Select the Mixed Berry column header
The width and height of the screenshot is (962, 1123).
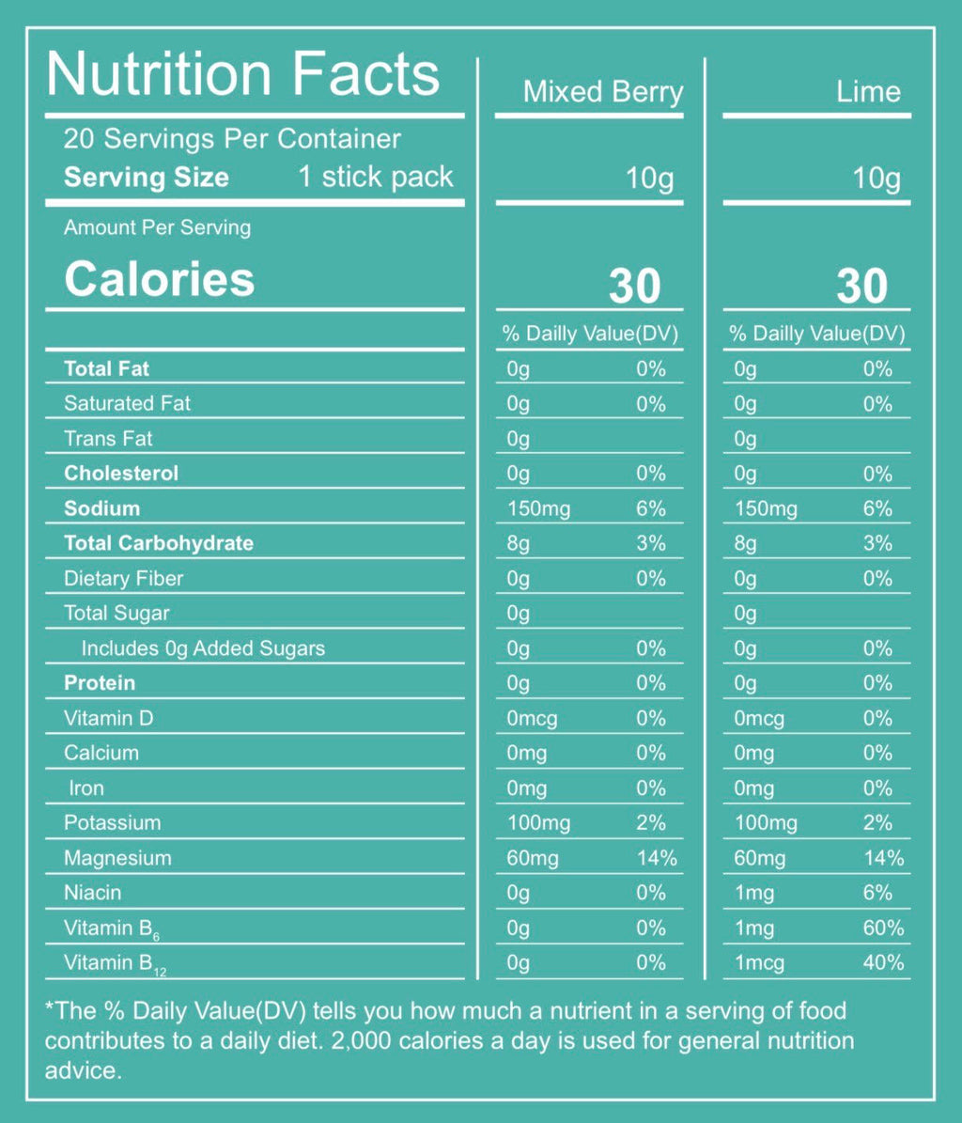click(x=602, y=92)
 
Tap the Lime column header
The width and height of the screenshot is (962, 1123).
click(x=868, y=92)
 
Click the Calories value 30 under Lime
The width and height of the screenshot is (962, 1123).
click(x=861, y=286)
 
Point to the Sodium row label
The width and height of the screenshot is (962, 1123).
click(x=101, y=508)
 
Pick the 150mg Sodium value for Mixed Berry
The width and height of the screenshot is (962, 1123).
click(x=538, y=509)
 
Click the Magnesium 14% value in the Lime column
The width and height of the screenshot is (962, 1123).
click(x=883, y=858)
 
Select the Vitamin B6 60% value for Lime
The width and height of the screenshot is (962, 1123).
click(x=883, y=928)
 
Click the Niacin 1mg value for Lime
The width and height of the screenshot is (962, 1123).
click(x=754, y=894)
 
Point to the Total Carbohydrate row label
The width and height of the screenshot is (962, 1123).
click(x=159, y=543)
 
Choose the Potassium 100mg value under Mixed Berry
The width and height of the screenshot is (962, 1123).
click(x=538, y=823)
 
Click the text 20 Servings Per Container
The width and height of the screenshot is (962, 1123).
click(x=232, y=139)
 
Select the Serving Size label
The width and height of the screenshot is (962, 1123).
click(x=146, y=178)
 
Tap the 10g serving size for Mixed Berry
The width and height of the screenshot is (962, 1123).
click(x=650, y=178)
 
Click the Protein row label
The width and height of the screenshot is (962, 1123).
click(x=100, y=683)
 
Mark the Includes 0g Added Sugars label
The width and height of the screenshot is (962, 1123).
click(x=203, y=648)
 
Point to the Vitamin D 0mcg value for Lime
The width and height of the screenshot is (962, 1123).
click(x=759, y=719)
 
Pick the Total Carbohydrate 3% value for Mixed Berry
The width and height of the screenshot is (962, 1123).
click(x=650, y=544)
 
